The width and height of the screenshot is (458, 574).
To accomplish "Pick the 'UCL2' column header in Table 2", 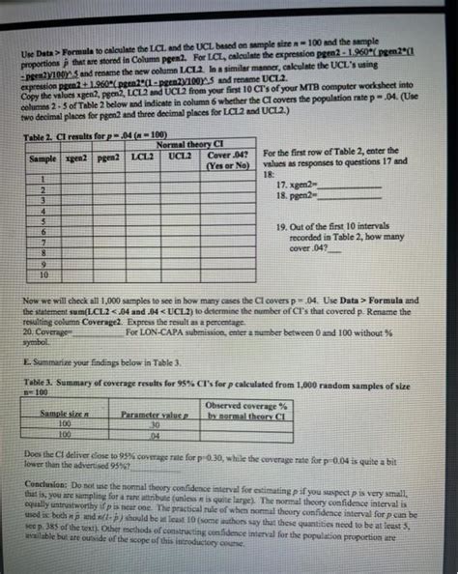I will pyautogui.click(x=181, y=156).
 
